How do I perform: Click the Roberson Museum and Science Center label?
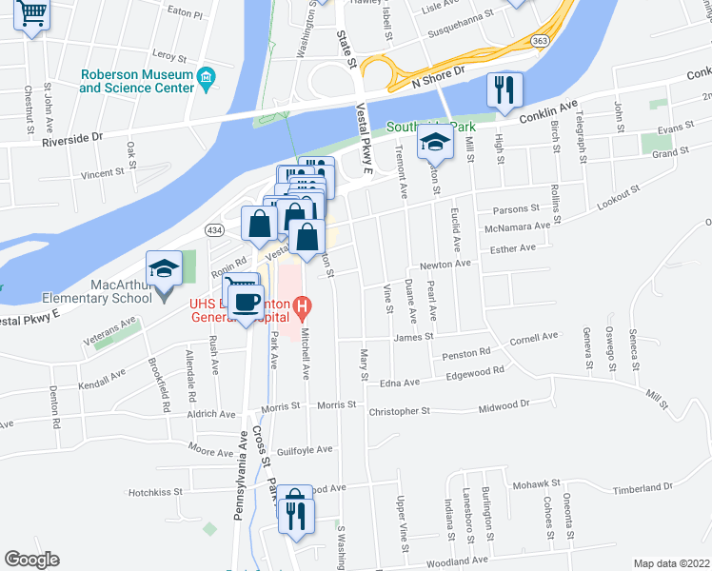(x=137, y=81)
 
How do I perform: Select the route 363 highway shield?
(x=541, y=41)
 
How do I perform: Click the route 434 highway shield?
(x=214, y=230)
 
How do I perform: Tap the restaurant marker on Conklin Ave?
(x=503, y=91)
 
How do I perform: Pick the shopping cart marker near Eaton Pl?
(x=32, y=13)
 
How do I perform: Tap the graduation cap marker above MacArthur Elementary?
(x=163, y=269)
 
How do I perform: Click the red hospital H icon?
(x=302, y=306)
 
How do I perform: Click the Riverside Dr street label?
(x=72, y=138)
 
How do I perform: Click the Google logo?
(x=31, y=560)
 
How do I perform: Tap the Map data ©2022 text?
(x=671, y=563)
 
